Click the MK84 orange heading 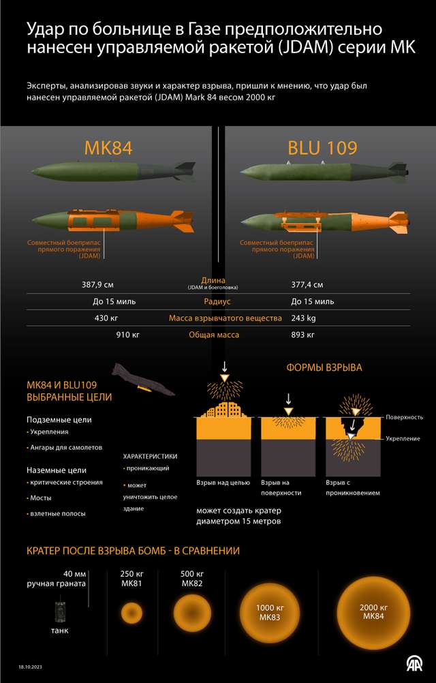[108, 148]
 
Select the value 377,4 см [307, 284]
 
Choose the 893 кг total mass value [302, 335]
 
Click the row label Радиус [217, 301]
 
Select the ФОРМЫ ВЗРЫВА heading [324, 367]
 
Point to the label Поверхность [409, 417]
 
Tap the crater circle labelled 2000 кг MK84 [375, 611]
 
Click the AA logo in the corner [414, 662]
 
